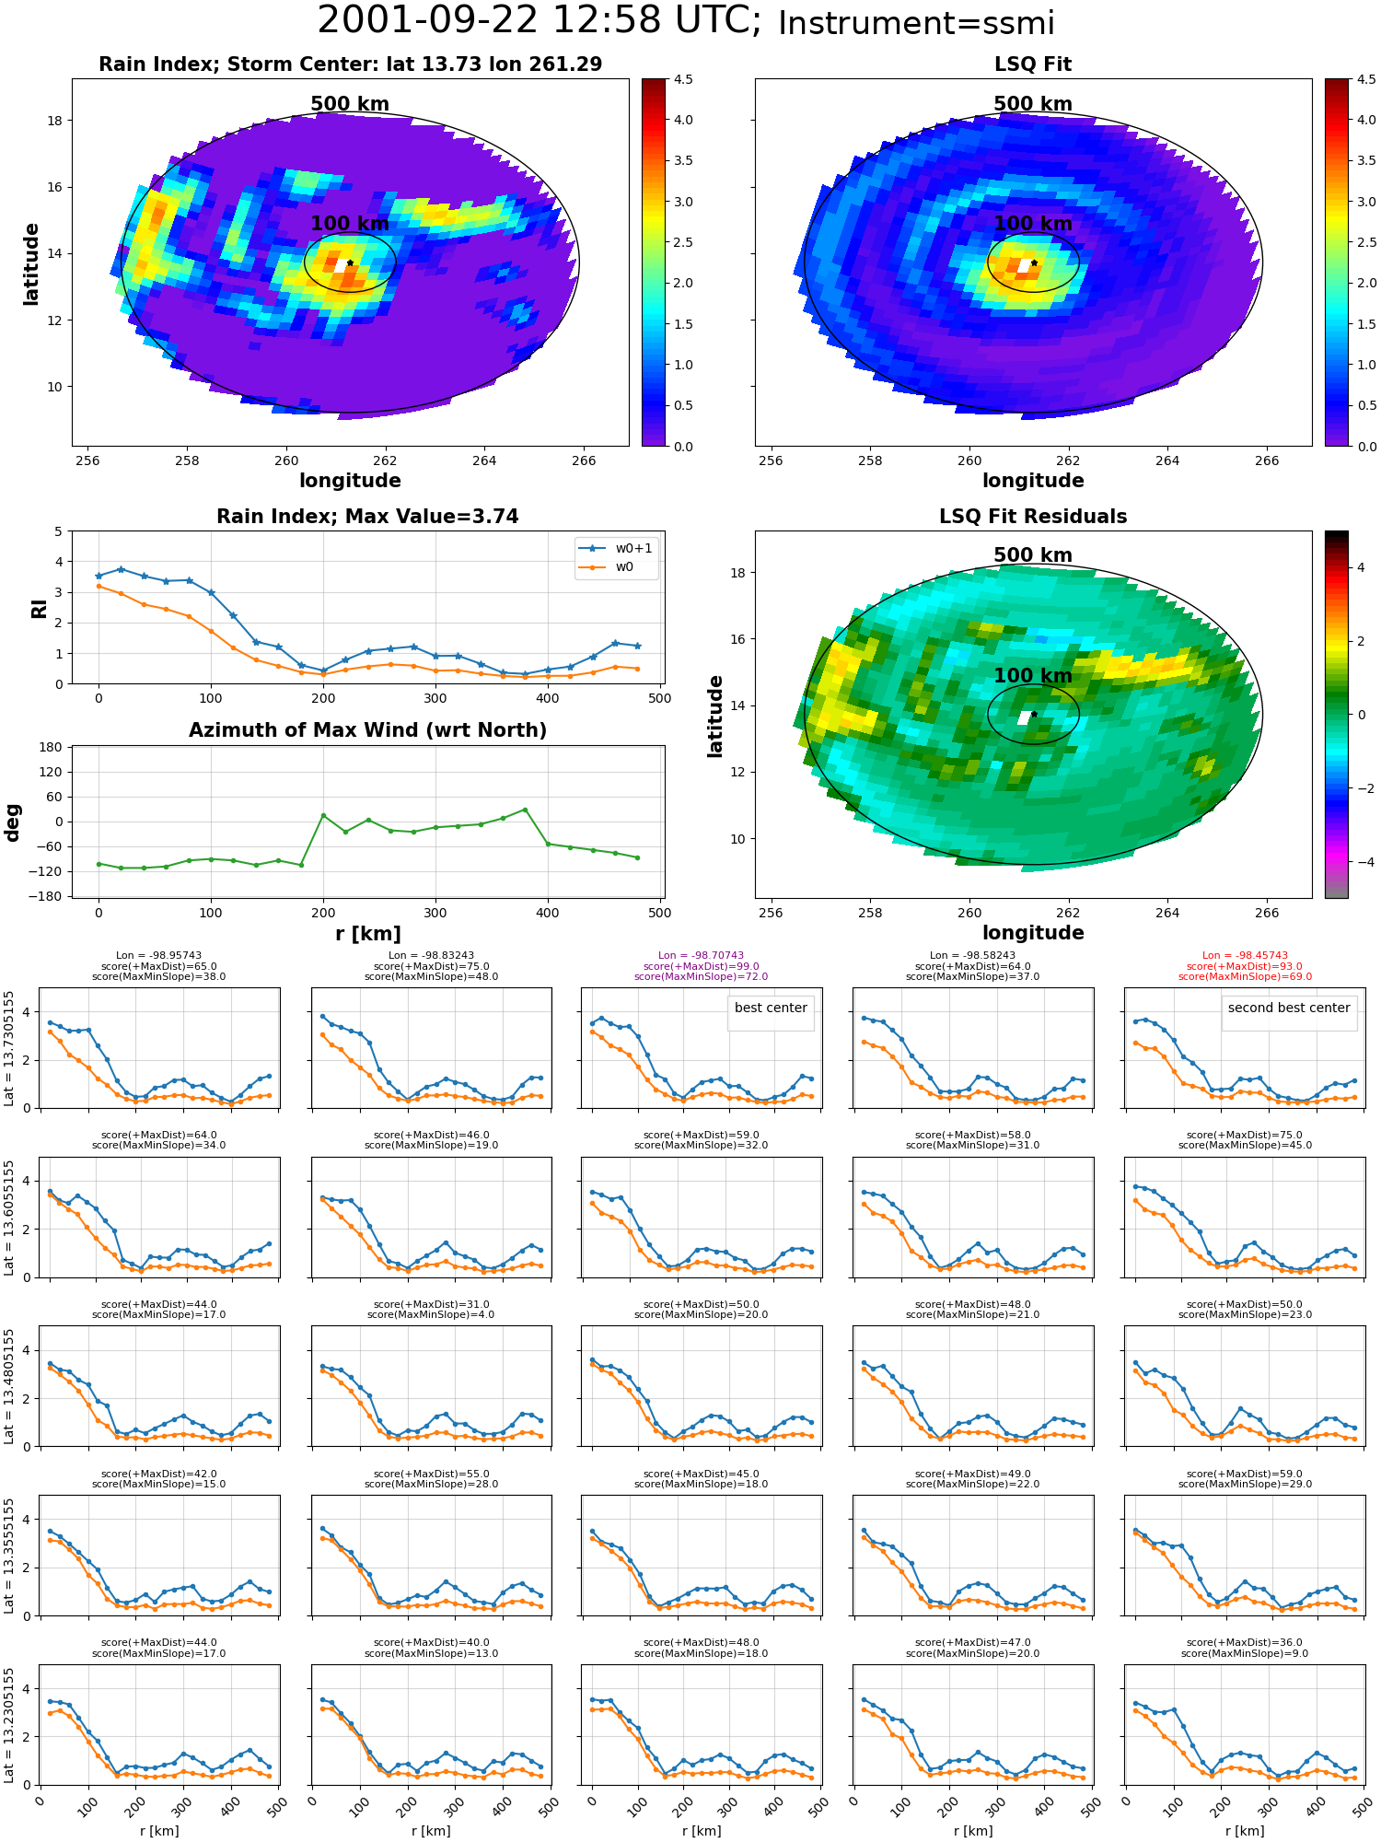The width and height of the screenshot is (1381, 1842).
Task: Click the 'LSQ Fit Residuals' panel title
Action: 1033,517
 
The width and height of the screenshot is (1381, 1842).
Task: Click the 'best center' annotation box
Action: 771,1008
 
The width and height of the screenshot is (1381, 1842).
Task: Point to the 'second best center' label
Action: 1289,1008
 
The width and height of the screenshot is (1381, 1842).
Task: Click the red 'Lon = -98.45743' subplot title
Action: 1245,956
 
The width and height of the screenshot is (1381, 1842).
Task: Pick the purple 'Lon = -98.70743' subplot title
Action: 701,956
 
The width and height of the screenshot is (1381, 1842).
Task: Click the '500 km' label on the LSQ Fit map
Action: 1033,104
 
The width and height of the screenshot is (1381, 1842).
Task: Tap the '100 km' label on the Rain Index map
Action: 350,224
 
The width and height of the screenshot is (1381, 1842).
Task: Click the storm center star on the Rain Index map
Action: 350,262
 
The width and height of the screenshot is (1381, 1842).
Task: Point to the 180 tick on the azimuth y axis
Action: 51,747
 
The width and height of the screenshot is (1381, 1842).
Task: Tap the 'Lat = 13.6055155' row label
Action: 9,1218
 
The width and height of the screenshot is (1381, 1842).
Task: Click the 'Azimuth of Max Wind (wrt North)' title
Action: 367,730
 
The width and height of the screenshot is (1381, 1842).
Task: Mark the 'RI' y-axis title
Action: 39,608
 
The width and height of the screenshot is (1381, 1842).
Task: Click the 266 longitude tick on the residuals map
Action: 1267,914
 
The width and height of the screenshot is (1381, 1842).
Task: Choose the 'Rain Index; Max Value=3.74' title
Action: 367,517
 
